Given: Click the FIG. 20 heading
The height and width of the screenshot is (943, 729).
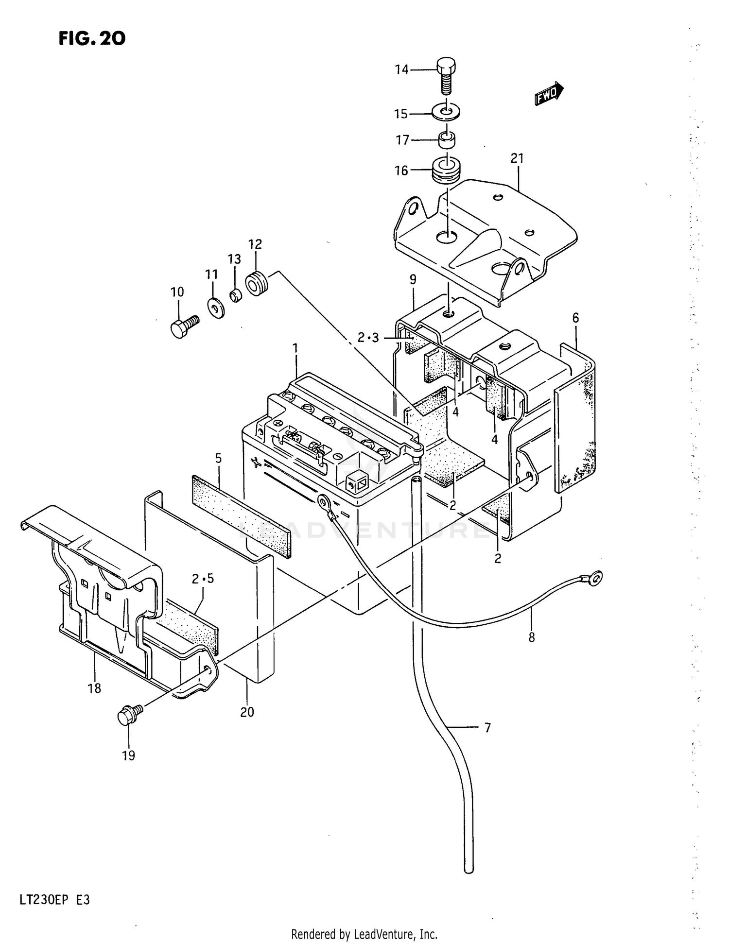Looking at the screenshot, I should pos(92,38).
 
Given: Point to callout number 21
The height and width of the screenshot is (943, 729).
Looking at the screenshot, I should pos(517,158).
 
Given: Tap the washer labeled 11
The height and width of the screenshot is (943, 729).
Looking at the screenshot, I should pos(216,308).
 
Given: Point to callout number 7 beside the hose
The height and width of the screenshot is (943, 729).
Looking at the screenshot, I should pos(487,728).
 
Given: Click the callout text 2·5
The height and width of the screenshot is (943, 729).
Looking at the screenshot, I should pos(203,579).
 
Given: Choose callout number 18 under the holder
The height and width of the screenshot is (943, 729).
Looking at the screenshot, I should pos(94,688).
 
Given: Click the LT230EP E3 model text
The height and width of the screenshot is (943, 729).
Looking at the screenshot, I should pos(54,900).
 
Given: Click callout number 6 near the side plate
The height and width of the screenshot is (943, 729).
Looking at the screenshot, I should pos(575,318).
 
